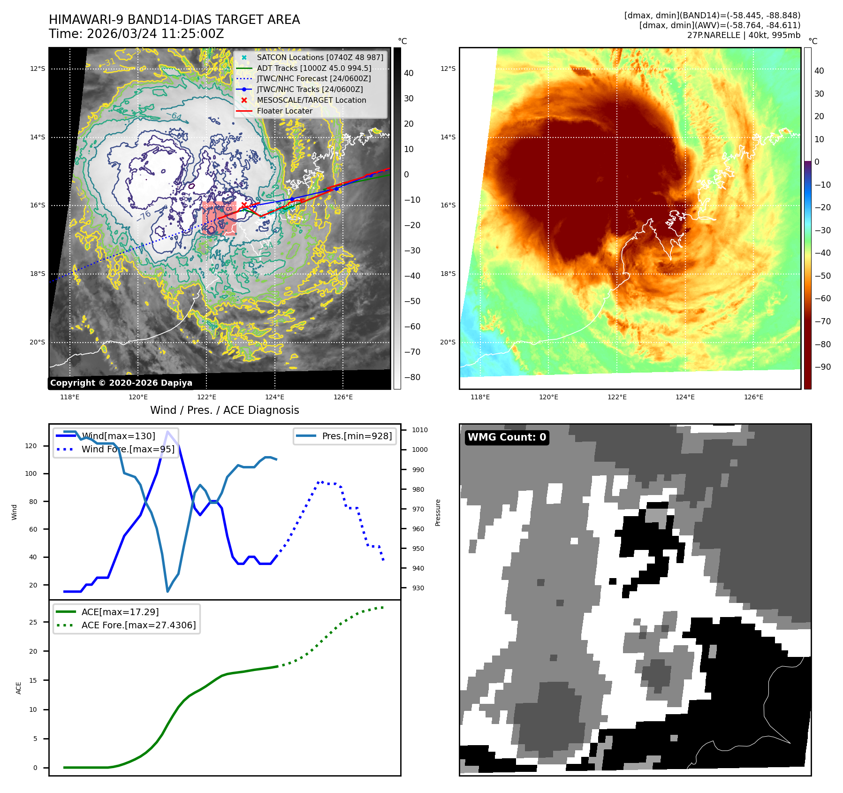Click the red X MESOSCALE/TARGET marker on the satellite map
244,205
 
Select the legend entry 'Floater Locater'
284,111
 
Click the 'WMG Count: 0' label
507,437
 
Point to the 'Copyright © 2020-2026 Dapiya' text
121,383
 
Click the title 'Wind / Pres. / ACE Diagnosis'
224,410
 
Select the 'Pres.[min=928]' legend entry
357,436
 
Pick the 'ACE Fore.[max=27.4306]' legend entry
138,625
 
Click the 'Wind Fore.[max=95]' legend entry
128,450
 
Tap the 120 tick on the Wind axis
31,446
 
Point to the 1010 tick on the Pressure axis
419,430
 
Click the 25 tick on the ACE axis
33,623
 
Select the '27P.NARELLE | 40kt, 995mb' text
744,35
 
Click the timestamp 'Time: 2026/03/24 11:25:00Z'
136,34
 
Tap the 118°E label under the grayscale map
70,397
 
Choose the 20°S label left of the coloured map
448,342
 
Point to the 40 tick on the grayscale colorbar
409,73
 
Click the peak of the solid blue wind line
167,431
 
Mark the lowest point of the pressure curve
167,591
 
